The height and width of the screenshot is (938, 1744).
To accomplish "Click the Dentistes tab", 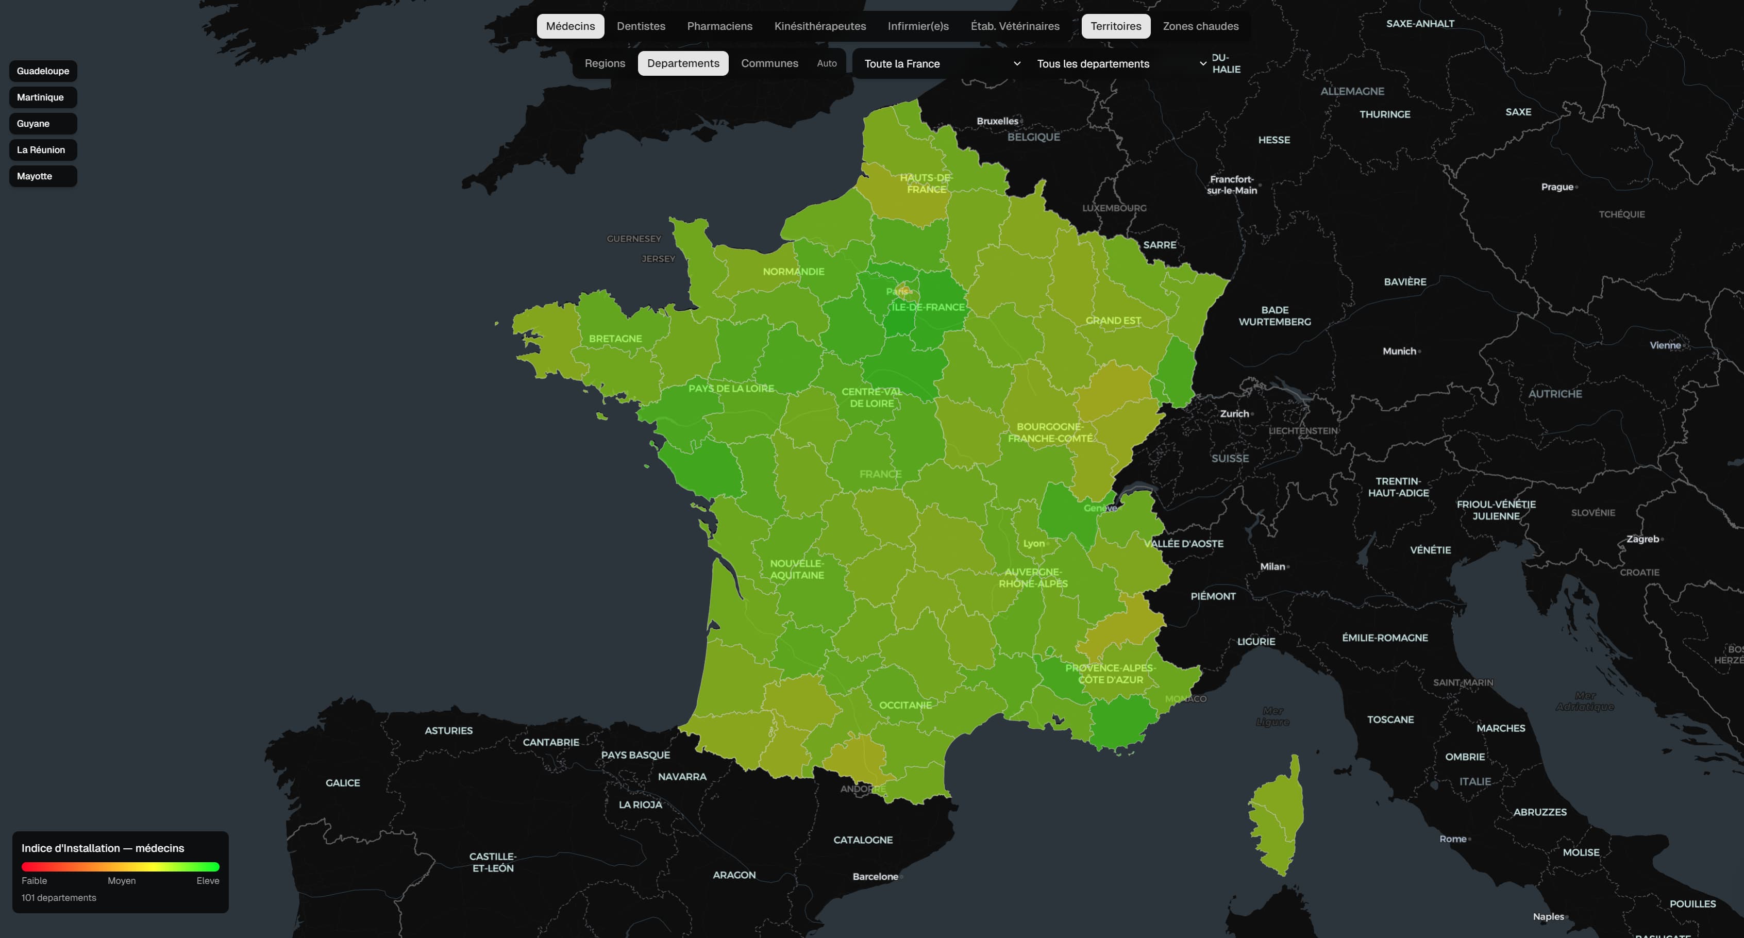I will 641,26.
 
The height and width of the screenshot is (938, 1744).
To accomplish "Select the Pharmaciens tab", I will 719,26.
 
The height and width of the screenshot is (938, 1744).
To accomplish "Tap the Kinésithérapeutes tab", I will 820,26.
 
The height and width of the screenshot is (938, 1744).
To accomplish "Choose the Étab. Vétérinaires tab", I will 1015,26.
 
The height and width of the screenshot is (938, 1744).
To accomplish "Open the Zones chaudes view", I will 1200,26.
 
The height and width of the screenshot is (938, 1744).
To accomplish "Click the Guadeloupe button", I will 43,71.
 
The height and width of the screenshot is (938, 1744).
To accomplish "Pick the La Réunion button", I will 41,149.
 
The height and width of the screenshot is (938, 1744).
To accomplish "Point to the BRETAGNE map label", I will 615,339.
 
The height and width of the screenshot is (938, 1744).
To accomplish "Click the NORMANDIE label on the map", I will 794,272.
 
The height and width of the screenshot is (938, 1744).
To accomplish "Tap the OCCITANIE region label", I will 905,705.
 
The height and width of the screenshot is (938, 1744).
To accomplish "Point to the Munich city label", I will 1399,351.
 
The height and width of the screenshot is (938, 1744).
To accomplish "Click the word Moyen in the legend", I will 121,880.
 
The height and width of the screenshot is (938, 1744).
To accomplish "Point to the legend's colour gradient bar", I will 121,866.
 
